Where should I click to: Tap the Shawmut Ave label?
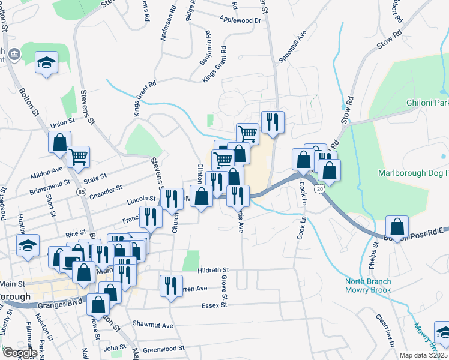(x=153, y=325)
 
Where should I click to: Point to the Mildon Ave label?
(x=46, y=173)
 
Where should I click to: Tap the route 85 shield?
(x=80, y=191)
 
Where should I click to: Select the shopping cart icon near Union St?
(x=79, y=157)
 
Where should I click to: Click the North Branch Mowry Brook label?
(x=368, y=286)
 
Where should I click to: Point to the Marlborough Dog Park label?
(x=413, y=173)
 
